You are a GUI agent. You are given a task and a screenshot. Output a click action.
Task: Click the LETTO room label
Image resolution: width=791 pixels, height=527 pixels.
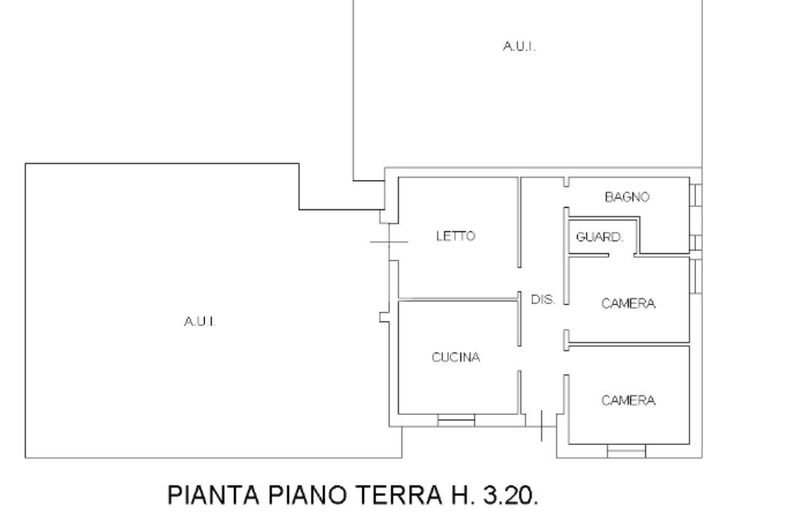point(456,236)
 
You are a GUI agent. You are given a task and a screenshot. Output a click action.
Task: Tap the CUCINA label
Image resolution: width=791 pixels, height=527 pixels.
point(456,358)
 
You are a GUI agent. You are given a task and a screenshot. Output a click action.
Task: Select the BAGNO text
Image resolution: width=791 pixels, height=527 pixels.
point(627,197)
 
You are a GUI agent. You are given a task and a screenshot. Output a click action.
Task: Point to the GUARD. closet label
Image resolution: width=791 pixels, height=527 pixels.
point(599,236)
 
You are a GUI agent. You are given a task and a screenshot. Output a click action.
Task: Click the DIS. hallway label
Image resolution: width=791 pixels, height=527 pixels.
point(543,299)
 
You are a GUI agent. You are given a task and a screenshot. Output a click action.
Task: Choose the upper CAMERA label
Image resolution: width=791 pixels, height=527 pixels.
point(628,304)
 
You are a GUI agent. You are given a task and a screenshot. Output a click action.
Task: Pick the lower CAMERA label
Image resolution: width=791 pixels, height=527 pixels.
point(628,400)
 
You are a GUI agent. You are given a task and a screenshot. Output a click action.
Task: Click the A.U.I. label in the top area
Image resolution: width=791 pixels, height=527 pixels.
point(519,46)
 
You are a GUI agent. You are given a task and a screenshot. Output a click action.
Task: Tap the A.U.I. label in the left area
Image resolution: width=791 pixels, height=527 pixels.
point(200,321)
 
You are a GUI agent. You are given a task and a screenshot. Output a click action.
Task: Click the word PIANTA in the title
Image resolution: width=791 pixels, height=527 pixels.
point(213,495)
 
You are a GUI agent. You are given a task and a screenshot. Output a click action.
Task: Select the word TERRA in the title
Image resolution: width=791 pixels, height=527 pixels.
point(399,495)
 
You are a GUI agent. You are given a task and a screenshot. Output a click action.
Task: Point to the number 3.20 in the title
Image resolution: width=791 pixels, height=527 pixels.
point(511,495)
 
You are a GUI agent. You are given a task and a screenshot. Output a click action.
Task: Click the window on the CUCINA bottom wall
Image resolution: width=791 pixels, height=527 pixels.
point(456,420)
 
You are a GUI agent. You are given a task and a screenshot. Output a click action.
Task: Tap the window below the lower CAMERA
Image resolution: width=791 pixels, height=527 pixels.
point(626,450)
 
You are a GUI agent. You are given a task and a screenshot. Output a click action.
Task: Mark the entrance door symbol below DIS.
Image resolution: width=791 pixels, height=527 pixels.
point(541,426)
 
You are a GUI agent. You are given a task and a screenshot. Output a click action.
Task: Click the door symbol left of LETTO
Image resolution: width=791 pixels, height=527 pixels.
point(389,242)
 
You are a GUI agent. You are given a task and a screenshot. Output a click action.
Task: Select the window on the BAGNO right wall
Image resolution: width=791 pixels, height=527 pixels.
point(696,195)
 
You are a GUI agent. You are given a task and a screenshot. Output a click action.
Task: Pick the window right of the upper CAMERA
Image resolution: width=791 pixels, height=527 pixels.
point(696,276)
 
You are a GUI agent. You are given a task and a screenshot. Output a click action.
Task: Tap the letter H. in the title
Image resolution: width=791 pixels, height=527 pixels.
point(459,495)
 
